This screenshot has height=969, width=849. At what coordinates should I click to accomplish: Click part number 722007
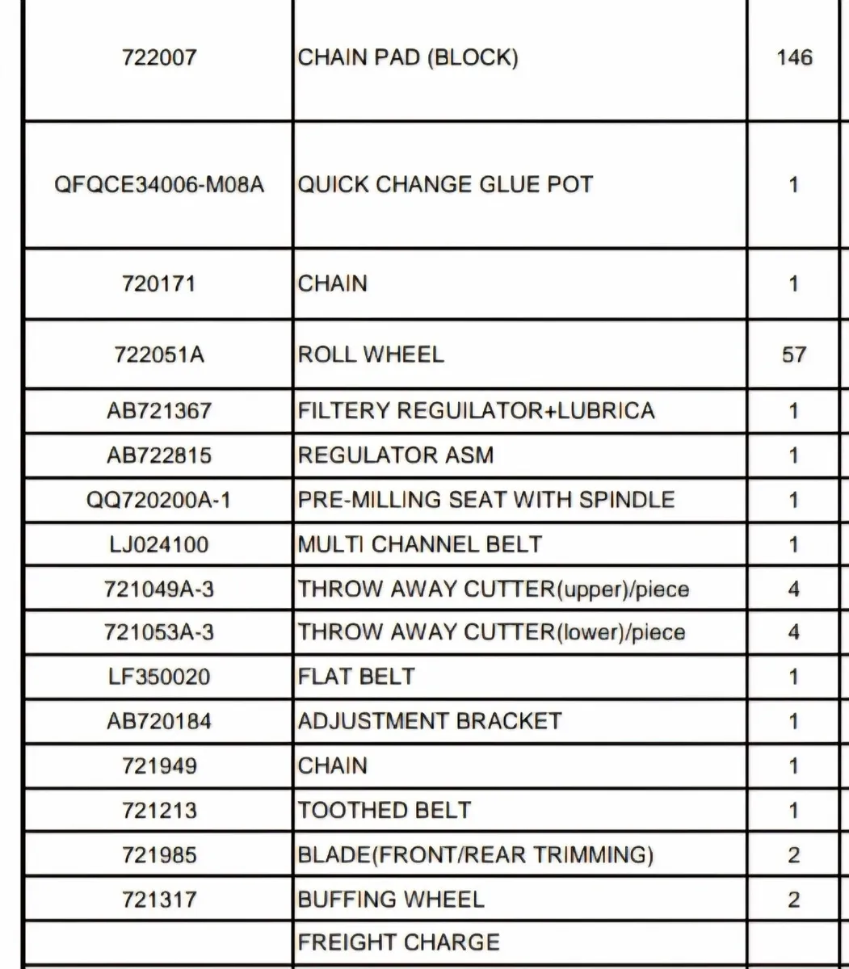coord(159,58)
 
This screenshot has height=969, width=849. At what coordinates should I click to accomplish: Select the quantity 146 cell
coord(794,58)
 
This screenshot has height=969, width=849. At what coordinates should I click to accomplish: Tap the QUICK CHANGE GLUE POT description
coord(445,185)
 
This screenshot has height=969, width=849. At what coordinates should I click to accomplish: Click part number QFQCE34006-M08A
coord(159,185)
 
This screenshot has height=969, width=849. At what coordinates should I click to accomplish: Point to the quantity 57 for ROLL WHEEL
coord(794,354)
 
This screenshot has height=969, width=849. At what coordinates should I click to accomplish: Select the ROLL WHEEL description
coord(371,354)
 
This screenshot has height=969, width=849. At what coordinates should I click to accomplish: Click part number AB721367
coord(159,411)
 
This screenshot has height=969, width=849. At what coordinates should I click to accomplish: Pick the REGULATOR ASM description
coord(395,455)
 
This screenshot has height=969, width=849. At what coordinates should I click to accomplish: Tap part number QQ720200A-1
coord(159,500)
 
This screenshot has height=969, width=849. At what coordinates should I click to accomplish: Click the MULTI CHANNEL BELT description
coord(420,544)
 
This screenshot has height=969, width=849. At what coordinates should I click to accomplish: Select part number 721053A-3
coord(159,631)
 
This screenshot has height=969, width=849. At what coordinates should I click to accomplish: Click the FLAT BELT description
coord(356,676)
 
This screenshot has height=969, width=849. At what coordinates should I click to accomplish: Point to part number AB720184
coord(159,721)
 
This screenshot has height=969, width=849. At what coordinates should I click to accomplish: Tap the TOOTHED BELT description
coord(385,810)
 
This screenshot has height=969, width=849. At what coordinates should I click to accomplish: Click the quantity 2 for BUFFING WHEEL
coord(794,900)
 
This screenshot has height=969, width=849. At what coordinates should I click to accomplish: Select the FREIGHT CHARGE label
coord(399,942)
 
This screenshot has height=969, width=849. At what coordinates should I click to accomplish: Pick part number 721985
coord(159,854)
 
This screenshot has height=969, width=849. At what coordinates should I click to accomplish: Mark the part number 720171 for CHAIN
coord(159,284)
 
